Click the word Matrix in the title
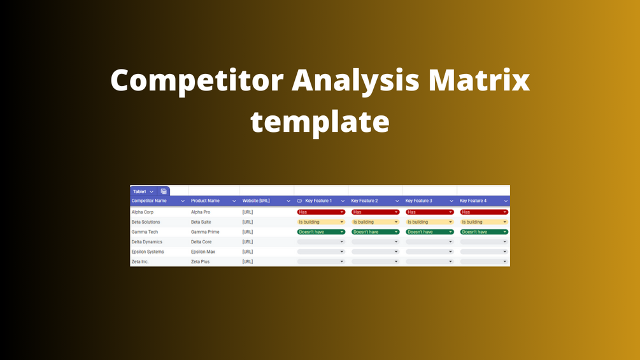479,80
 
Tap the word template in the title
320,122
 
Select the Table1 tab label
139,191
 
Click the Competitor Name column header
149,201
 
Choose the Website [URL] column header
256,201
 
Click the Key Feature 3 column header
419,201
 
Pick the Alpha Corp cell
143,212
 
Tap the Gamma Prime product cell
205,232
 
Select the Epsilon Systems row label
148,252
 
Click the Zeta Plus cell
200,262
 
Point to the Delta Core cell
201,242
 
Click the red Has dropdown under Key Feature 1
321,212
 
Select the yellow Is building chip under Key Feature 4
484,222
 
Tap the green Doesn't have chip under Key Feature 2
376,232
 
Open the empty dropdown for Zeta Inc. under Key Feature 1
321,262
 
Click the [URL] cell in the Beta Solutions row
247,222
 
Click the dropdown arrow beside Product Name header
234,201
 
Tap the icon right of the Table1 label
164,191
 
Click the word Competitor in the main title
197,81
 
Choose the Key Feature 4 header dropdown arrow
506,201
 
